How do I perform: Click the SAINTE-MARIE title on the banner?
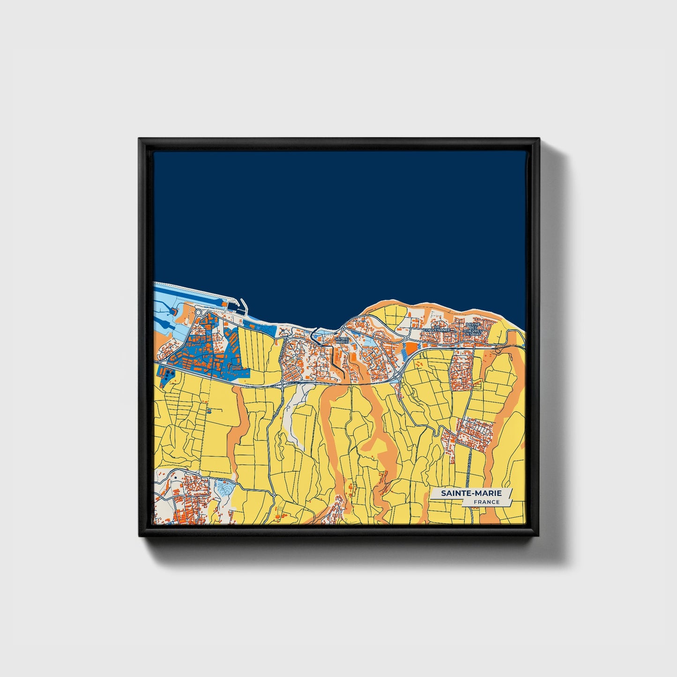471,493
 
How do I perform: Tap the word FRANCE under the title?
486,502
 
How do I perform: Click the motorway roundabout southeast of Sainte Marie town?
397,375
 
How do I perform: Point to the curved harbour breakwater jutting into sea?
243,305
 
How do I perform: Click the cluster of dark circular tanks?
167,375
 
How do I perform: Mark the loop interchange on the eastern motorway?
497,349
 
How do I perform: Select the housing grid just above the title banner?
474,433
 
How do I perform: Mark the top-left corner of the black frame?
139,139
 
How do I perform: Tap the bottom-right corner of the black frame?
539,536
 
